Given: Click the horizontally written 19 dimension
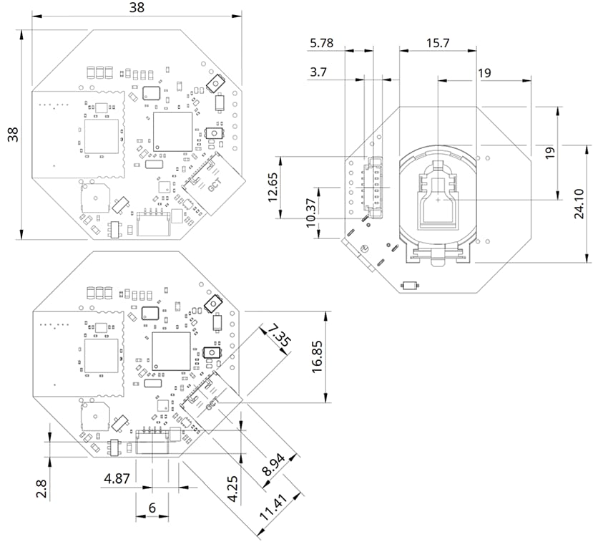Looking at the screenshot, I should [484, 72].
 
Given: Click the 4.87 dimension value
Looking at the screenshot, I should [117, 478].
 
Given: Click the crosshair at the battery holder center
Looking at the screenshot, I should [437, 201].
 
